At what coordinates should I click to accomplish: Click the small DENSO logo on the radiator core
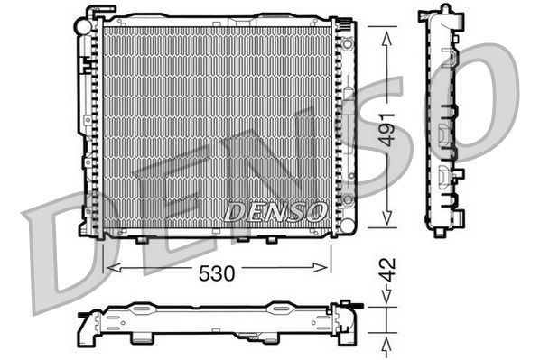[x=275, y=212]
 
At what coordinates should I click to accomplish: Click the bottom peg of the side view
[x=439, y=232]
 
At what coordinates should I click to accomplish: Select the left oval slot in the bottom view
[x=143, y=309]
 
